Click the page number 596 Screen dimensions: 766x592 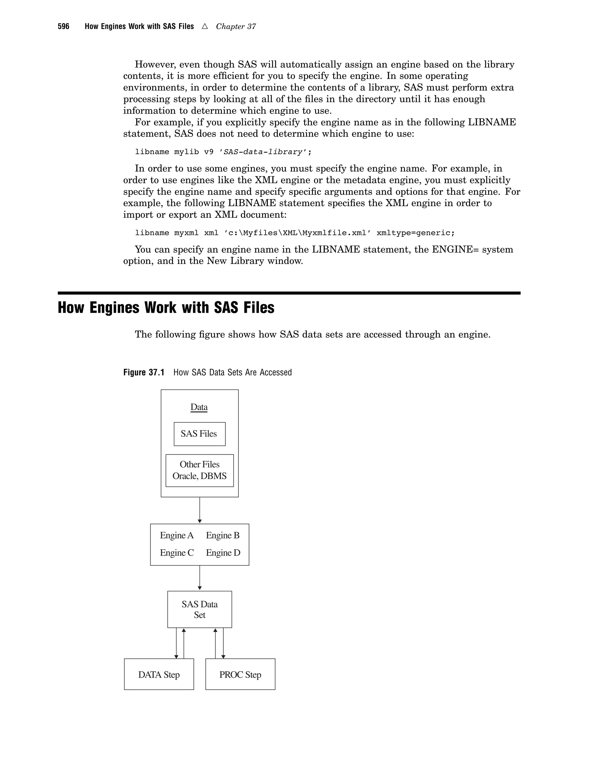click(x=64, y=27)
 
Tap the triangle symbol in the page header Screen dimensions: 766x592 click(x=205, y=26)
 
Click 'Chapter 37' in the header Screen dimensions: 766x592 click(x=236, y=27)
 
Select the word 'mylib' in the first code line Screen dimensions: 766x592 click(x=186, y=152)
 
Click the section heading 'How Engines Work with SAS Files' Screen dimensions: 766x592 click(x=166, y=308)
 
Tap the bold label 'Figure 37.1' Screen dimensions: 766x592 click(x=144, y=372)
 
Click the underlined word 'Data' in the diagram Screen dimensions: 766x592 click(x=199, y=407)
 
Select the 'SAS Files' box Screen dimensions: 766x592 click(x=199, y=434)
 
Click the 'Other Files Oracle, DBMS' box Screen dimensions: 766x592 click(x=199, y=470)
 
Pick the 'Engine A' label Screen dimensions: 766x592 click(x=176, y=535)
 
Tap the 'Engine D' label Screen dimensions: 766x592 click(x=223, y=553)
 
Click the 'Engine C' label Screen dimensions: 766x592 click(x=177, y=553)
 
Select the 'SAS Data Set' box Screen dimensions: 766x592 click(x=199, y=609)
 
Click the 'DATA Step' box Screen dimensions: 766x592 click(x=159, y=674)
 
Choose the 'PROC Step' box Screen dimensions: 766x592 click(x=240, y=674)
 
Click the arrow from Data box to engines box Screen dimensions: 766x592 click(x=199, y=510)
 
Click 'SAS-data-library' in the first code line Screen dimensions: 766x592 click(x=263, y=152)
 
